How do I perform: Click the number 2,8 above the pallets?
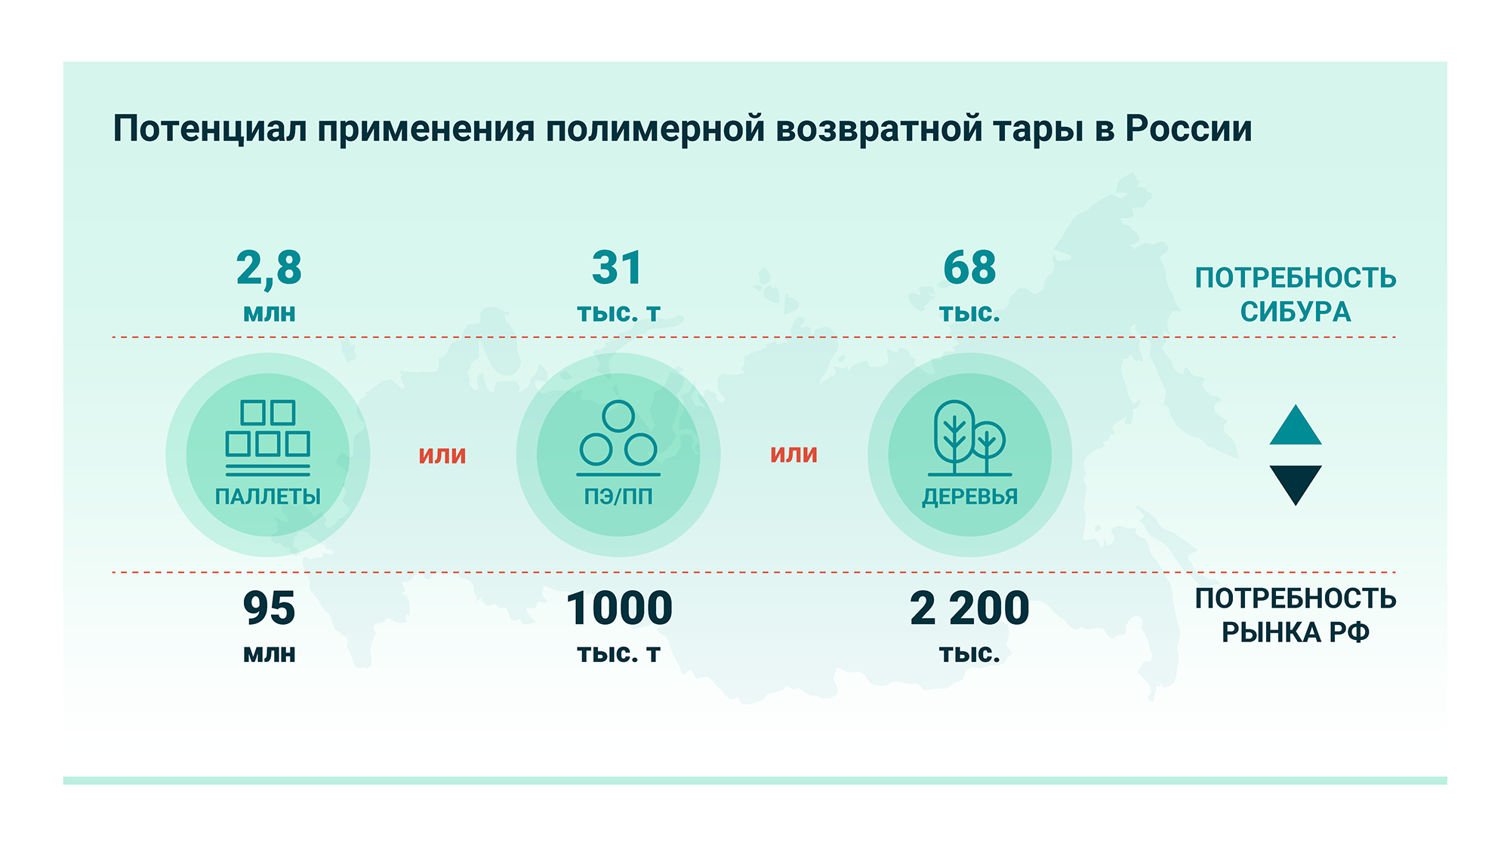pos(269,269)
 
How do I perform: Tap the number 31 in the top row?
pos(618,267)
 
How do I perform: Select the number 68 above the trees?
pos(969,267)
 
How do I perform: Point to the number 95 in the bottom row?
pos(269,608)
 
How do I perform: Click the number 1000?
pos(619,608)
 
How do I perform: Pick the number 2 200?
pos(969,608)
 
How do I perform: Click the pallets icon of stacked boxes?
pos(268,438)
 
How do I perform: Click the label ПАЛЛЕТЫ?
pos(268,497)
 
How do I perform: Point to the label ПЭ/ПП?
pos(618,497)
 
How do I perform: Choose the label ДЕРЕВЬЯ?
pos(969,497)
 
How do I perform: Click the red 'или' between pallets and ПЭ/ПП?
pos(442,455)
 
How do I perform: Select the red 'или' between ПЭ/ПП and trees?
pos(794,454)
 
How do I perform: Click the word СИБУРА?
pos(1296,312)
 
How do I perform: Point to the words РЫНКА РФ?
pos(1296,632)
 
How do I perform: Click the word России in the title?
pos(1188,129)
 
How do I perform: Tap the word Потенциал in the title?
pos(210,130)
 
